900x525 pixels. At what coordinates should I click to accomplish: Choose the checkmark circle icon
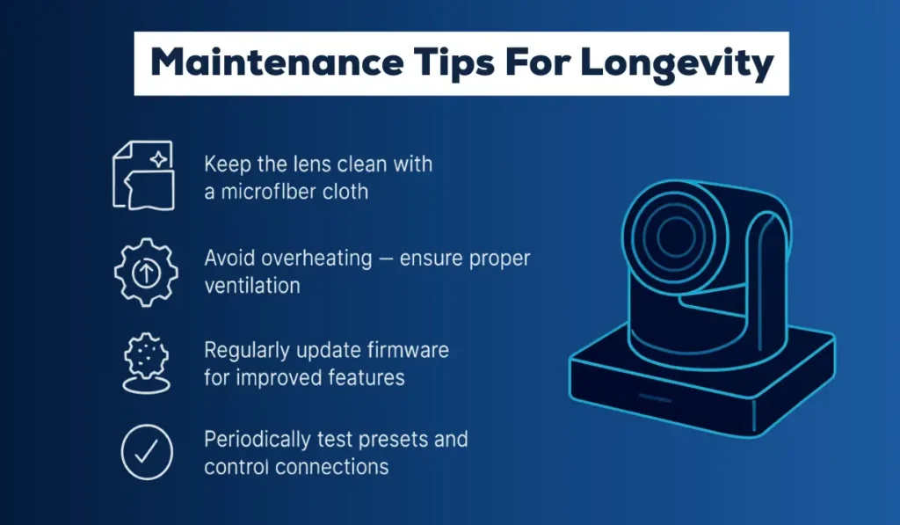[x=146, y=451]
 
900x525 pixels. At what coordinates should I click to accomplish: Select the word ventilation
[x=252, y=285]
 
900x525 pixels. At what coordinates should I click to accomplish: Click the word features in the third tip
[x=367, y=377]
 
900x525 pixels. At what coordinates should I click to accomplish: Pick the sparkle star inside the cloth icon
[x=158, y=159]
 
